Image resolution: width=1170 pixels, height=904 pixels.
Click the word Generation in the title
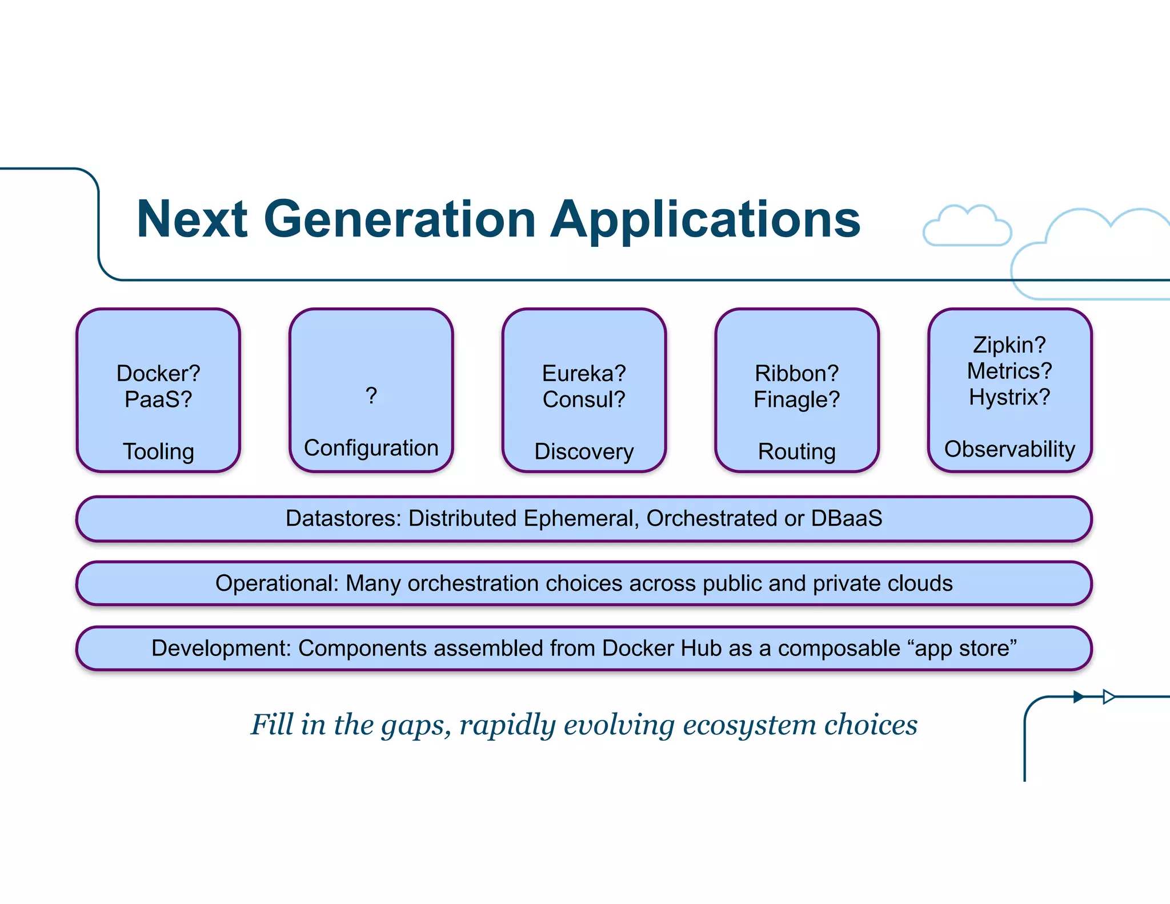(399, 219)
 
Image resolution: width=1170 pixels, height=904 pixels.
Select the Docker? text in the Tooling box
(158, 373)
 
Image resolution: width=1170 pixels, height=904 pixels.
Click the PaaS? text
(158, 399)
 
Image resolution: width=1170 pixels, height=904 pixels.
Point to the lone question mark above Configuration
(371, 395)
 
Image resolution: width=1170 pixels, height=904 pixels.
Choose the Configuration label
(371, 448)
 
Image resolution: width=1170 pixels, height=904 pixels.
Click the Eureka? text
(584, 373)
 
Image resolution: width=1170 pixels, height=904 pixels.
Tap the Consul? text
(584, 399)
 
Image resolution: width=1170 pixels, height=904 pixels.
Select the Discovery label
(584, 451)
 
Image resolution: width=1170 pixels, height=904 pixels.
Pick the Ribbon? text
(796, 373)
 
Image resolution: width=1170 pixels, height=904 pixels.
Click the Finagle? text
(796, 399)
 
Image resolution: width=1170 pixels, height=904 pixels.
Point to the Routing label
(796, 451)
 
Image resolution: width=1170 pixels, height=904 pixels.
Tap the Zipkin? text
(1009, 345)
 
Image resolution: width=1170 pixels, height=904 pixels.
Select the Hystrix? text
(1009, 397)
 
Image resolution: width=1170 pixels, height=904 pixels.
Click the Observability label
(1009, 449)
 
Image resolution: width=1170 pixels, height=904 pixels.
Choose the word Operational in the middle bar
(277, 583)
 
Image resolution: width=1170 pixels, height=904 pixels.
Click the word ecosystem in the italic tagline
(750, 725)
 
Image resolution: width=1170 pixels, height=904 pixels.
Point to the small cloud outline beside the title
(967, 227)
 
